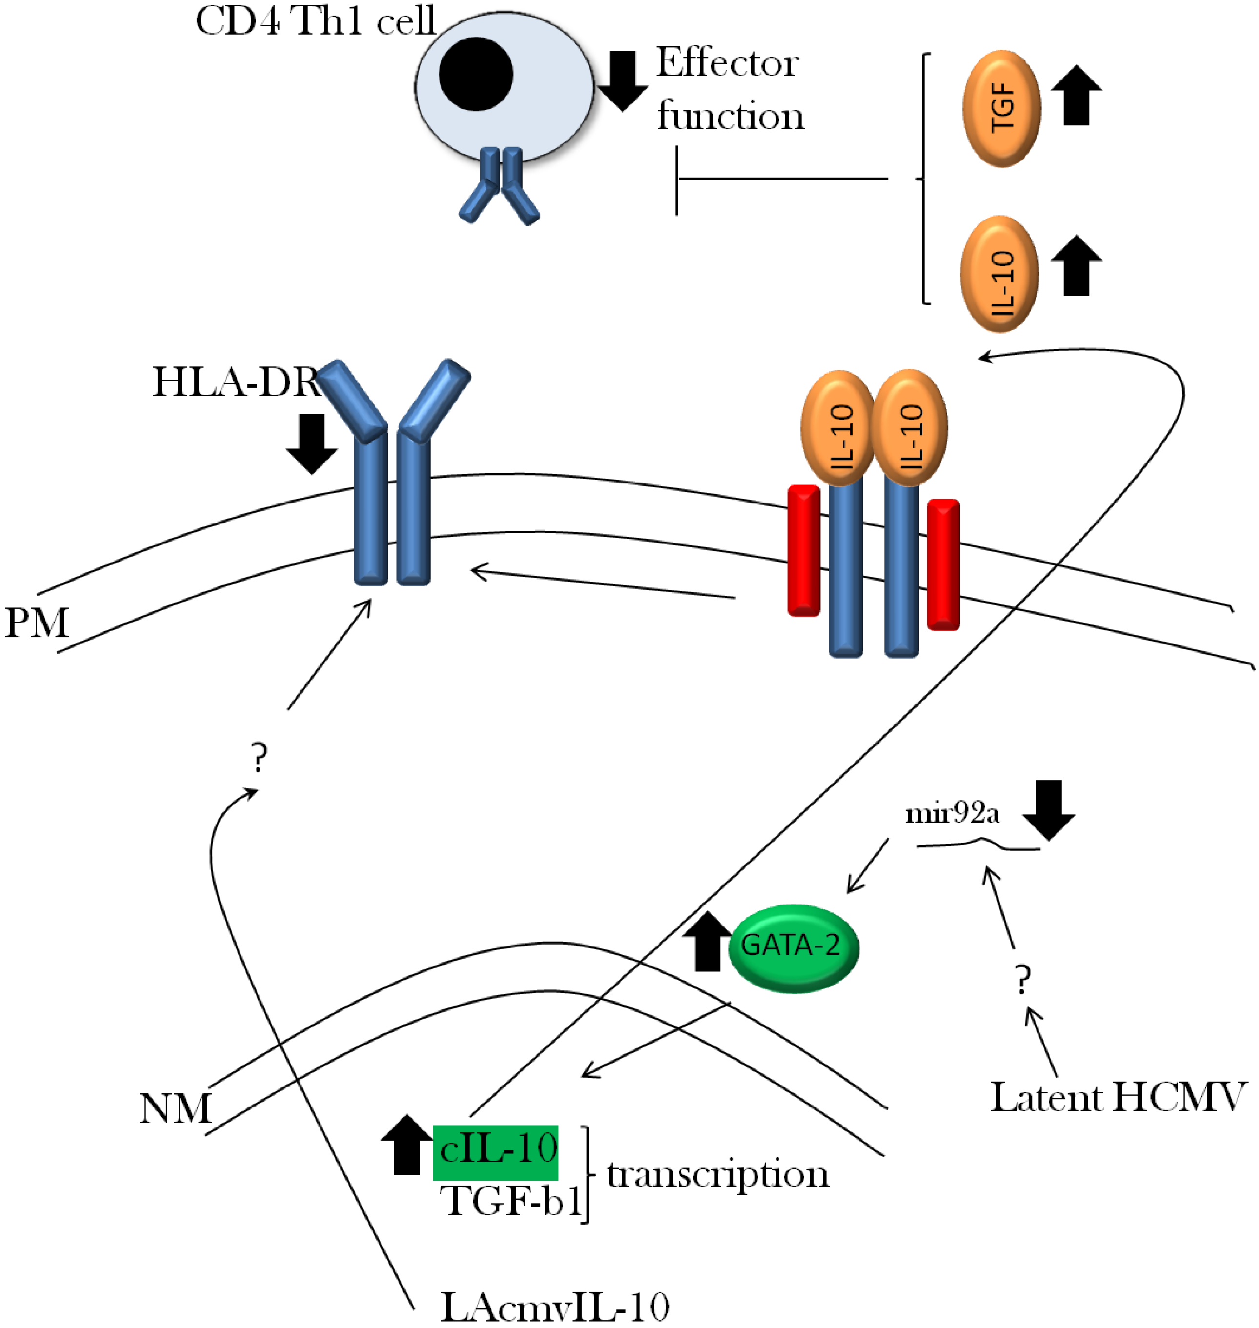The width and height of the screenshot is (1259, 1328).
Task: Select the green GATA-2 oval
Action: (793, 947)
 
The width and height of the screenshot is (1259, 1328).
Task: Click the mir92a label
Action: (952, 813)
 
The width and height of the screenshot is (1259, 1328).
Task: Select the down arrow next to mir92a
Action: (1048, 810)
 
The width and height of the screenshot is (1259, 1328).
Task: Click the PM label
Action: (37, 623)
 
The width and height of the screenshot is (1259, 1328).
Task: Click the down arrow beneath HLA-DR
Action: (311, 443)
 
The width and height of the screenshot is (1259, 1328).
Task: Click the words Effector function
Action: (729, 89)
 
